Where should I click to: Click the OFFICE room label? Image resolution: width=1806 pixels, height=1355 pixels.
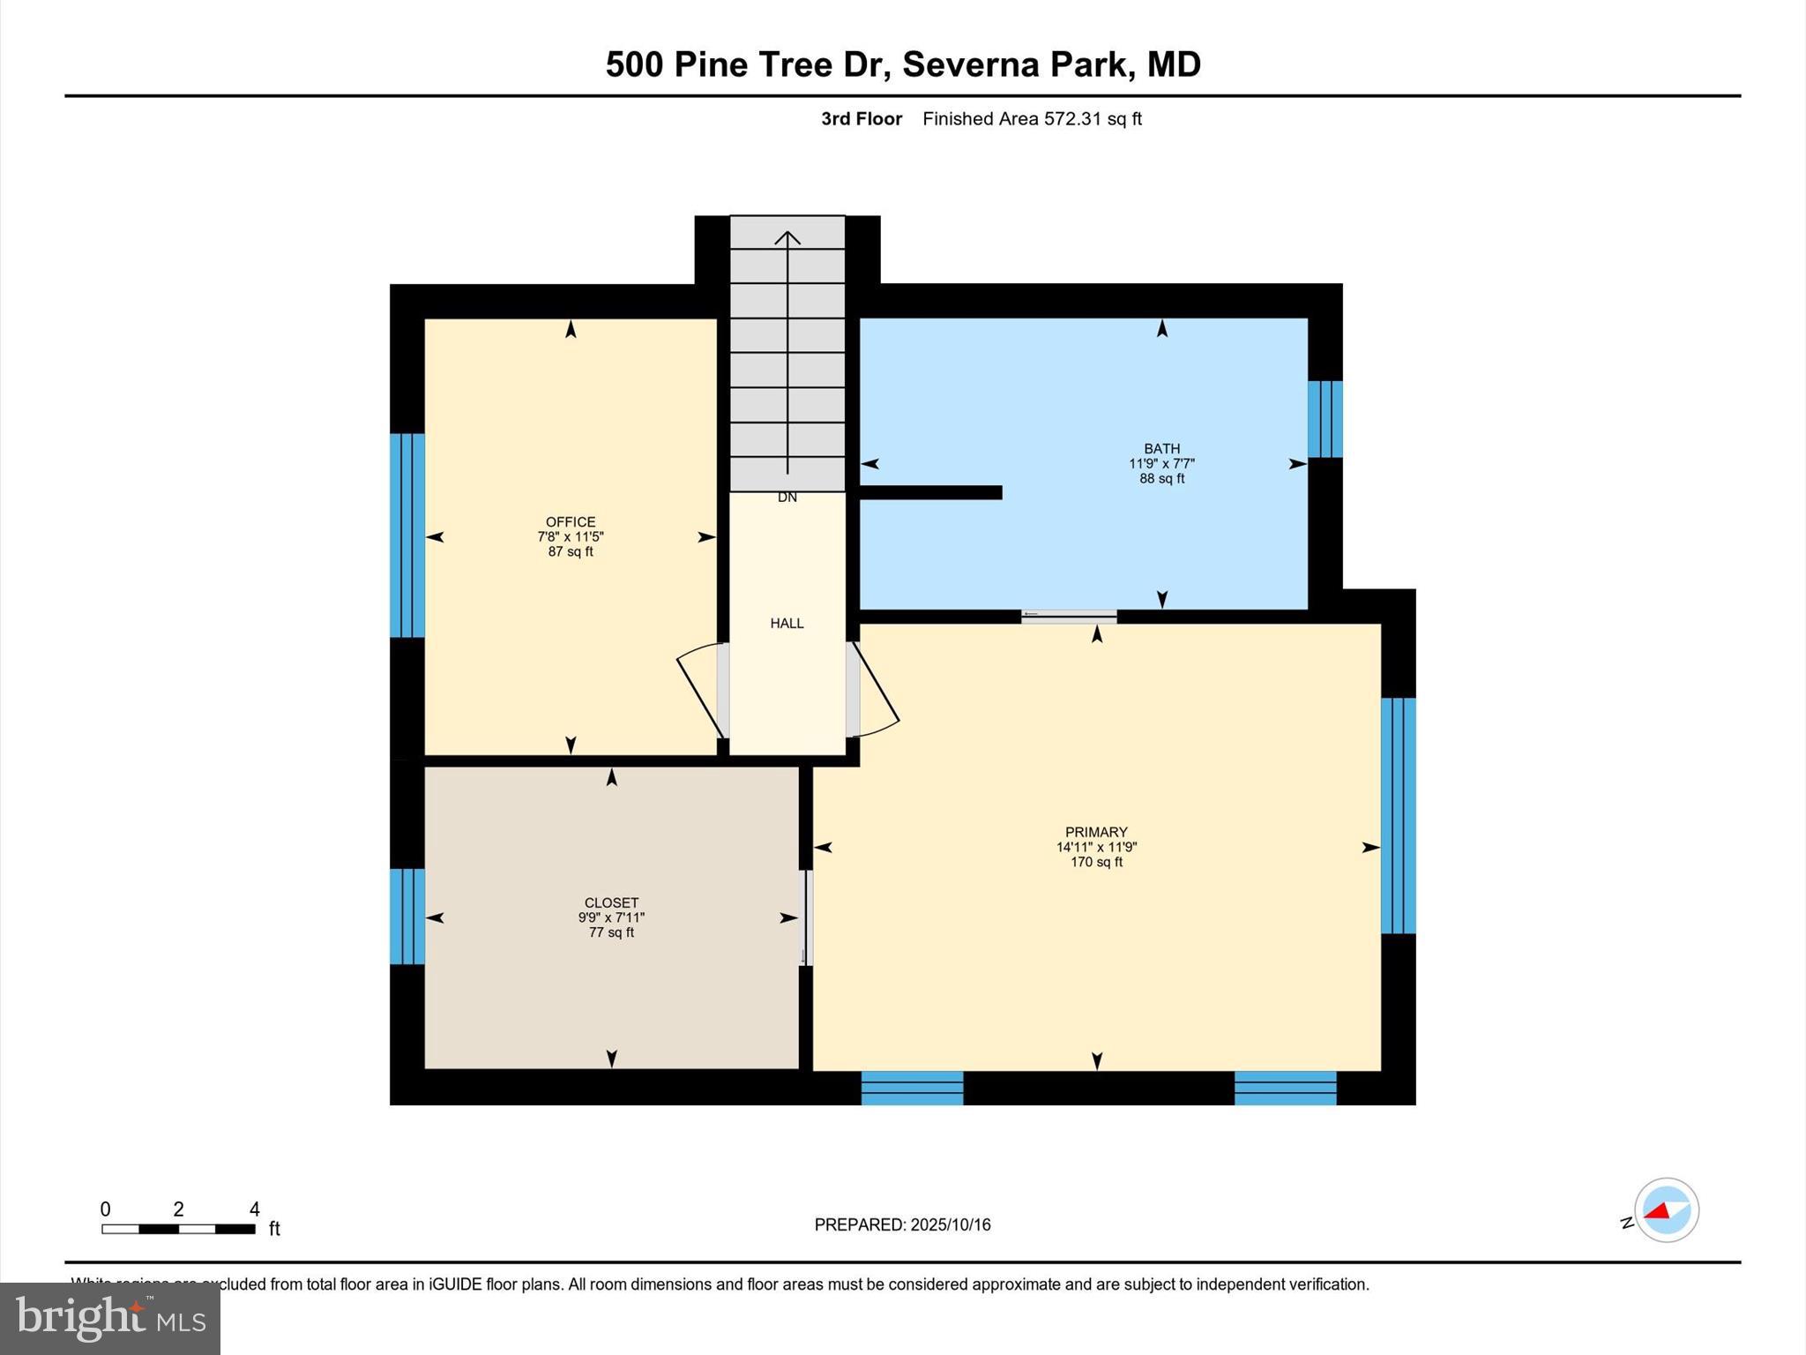(x=571, y=521)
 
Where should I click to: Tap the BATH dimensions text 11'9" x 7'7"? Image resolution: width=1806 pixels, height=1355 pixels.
(x=1161, y=463)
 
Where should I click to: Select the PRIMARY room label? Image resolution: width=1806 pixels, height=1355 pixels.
(x=1096, y=832)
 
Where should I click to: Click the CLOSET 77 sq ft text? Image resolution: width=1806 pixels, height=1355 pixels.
(x=611, y=932)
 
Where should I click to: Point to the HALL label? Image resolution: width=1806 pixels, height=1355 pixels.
(x=787, y=624)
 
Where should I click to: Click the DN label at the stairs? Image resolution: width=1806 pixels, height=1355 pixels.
(x=787, y=498)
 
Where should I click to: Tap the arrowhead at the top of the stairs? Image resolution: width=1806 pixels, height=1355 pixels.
(x=787, y=237)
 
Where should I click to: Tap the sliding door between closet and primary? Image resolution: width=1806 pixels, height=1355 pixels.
(x=803, y=918)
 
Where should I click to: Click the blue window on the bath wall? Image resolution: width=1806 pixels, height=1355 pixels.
(x=1325, y=419)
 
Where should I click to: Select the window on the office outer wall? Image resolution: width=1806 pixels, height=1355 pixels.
(x=407, y=535)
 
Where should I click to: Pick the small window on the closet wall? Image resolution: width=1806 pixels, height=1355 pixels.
(x=407, y=917)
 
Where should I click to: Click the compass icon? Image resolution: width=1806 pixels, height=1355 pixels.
(x=1666, y=1210)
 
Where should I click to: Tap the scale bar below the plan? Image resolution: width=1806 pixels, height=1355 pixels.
(x=178, y=1228)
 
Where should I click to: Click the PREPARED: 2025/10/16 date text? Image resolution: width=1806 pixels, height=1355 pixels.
(x=902, y=1224)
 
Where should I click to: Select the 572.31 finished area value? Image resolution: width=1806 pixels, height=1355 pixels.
(x=1072, y=119)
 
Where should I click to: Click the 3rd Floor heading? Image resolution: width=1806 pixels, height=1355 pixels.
(x=862, y=119)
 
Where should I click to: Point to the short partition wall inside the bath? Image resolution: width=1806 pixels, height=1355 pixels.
(x=930, y=492)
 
